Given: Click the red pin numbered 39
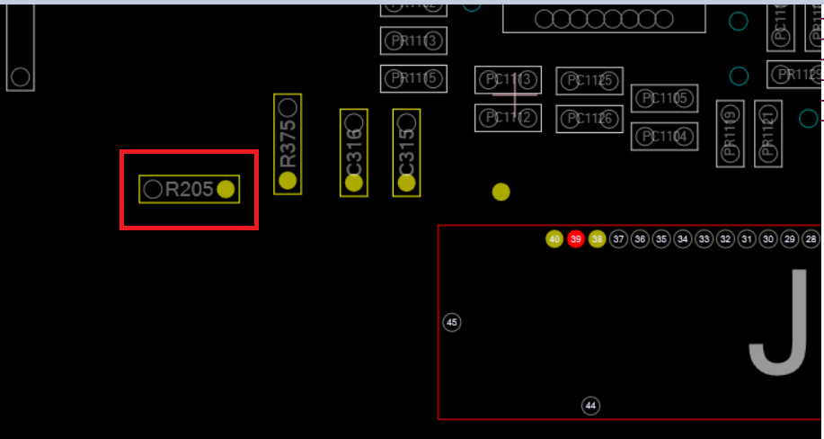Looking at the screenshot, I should click(x=576, y=239).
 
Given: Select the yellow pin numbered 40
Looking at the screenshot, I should click(x=554, y=239).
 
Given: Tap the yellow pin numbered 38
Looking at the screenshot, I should click(x=598, y=239).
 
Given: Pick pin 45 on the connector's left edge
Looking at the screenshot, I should click(x=452, y=322).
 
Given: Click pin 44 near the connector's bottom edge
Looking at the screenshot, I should click(x=590, y=406).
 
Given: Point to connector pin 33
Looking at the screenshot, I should click(x=704, y=239).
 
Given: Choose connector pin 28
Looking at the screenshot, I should click(x=811, y=239).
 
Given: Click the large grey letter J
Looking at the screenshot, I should click(x=779, y=324).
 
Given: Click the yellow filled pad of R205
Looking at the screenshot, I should click(x=226, y=189).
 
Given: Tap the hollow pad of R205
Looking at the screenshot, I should click(x=154, y=189).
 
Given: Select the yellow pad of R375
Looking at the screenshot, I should click(x=288, y=181).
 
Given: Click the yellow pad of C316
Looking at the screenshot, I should click(x=354, y=183).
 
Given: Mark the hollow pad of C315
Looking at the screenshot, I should click(x=407, y=121).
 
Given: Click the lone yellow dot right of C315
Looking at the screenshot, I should click(x=501, y=192).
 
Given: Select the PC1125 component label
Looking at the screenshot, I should click(x=589, y=81).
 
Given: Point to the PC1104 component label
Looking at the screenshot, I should click(x=664, y=137).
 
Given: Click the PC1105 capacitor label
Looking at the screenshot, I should click(x=664, y=98).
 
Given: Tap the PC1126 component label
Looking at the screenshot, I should click(x=589, y=119).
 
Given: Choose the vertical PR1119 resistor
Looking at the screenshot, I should click(x=730, y=133).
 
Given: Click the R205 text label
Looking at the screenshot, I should click(x=189, y=190).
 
